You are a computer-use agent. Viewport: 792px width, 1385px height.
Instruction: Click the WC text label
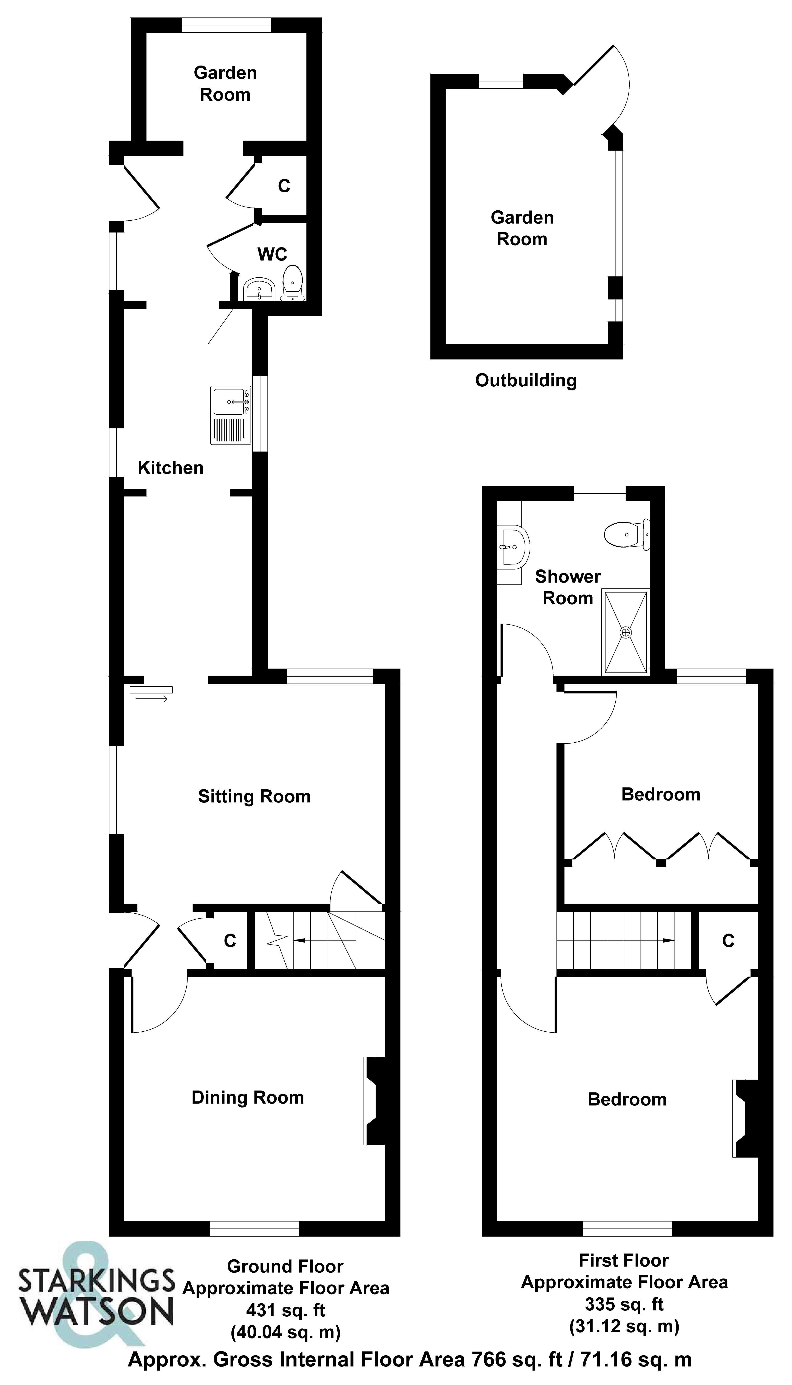pyautogui.click(x=272, y=254)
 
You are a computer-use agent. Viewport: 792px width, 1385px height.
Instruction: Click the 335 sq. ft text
pyautogui.click(x=624, y=1304)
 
